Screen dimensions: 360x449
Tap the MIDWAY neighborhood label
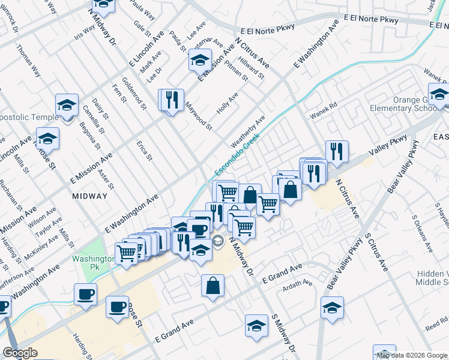coord(89,196)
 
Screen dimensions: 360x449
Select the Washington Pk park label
coord(92,263)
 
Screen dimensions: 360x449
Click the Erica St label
coord(144,151)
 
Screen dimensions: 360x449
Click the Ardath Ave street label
coord(299,283)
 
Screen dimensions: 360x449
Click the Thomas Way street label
coord(28,61)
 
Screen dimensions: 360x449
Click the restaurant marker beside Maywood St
coord(172,99)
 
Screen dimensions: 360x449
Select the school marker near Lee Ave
coord(200,60)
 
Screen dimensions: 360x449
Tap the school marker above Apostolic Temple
coord(67,105)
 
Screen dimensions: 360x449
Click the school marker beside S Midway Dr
coord(256,326)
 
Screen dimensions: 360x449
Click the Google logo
coord(20,353)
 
